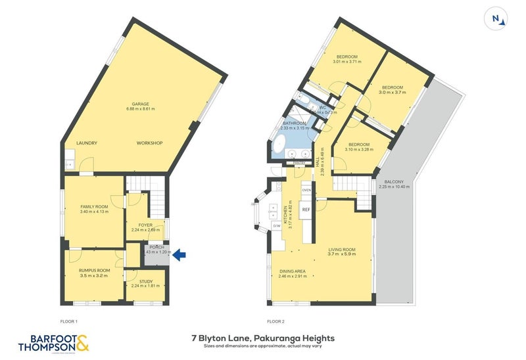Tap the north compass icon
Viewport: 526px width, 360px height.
[498, 19]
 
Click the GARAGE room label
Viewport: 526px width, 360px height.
[139, 104]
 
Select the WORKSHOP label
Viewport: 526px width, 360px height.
[149, 143]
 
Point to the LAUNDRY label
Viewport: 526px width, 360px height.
[87, 143]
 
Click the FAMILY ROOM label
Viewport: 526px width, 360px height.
[93, 206]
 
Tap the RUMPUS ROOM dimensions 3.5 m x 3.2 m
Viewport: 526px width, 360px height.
[93, 277]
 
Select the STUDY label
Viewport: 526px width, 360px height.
[146, 281]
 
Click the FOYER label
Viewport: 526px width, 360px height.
[146, 225]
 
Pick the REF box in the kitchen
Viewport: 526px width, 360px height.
[306, 210]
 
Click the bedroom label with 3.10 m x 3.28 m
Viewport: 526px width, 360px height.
[359, 149]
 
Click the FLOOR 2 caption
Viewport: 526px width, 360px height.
[275, 321]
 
